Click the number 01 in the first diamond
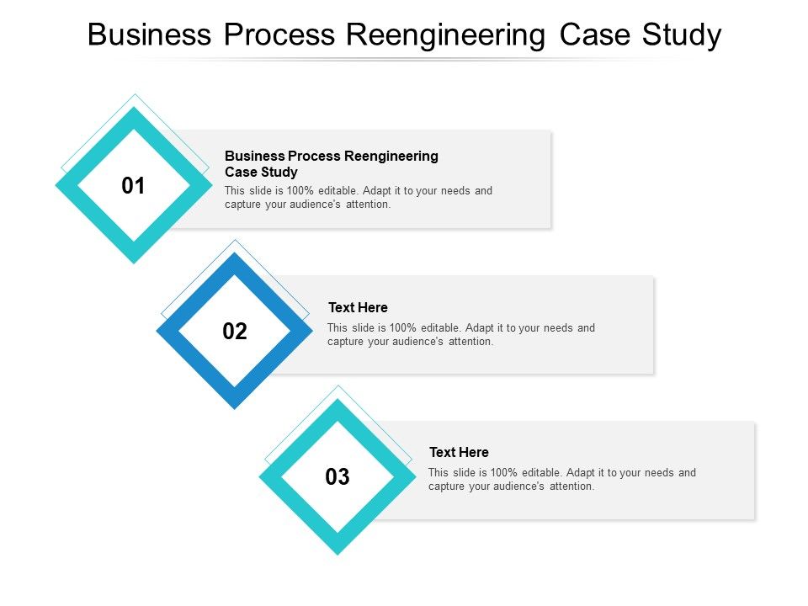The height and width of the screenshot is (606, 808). click(x=133, y=186)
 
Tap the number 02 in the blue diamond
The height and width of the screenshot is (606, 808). click(x=235, y=332)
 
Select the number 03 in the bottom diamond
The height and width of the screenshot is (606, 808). click(x=337, y=477)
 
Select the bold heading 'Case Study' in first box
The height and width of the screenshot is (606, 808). click(x=261, y=172)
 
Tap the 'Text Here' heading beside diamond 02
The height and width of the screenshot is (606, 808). click(x=358, y=307)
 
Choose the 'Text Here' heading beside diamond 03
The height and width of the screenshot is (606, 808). click(x=459, y=452)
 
